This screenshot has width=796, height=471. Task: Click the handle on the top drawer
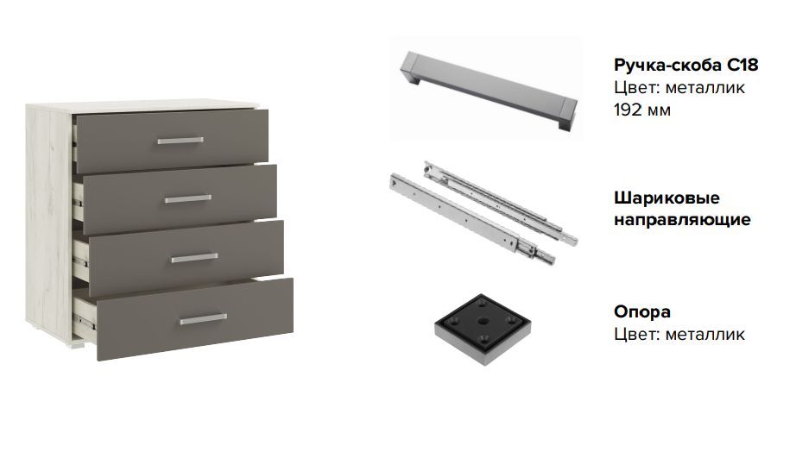[x=180, y=141]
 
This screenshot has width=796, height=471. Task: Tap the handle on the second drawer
[x=188, y=198]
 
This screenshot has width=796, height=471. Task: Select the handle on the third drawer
[x=194, y=258]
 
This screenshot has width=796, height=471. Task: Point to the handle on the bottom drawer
[x=204, y=319]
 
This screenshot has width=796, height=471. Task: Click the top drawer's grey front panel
[x=172, y=141]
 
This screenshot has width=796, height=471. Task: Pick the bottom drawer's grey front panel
[x=194, y=319]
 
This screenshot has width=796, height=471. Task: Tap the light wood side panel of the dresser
[x=49, y=218]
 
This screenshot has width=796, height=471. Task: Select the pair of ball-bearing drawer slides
[x=483, y=213]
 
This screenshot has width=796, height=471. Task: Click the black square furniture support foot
[x=483, y=329]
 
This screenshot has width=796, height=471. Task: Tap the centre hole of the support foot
[x=482, y=321]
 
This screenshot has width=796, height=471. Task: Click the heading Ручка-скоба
[x=667, y=65]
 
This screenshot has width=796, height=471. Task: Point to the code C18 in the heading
[x=742, y=65]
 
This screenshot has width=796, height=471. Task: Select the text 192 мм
[x=642, y=110]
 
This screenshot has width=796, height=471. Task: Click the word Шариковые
[x=666, y=198]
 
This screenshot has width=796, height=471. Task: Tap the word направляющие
[x=682, y=220]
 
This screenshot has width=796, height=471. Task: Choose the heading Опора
[x=642, y=311]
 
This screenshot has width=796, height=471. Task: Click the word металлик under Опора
[x=704, y=334]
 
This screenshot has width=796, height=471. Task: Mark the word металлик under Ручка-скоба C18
[x=704, y=87]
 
